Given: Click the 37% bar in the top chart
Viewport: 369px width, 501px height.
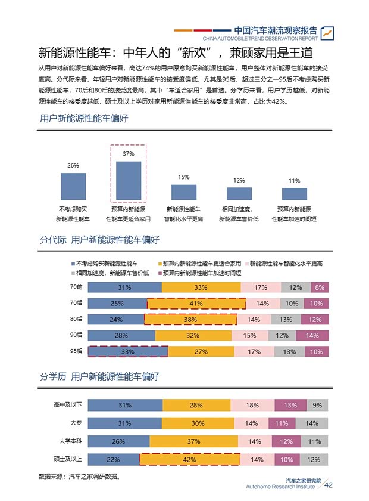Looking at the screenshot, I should [x=129, y=180].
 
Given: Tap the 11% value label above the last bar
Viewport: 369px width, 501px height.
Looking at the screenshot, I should [x=294, y=181].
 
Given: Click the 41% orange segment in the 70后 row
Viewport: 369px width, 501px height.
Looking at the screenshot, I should [x=196, y=304].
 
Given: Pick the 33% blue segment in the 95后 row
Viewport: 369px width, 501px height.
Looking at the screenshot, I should [x=127, y=352].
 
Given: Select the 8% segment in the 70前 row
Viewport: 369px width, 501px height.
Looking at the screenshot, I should [x=320, y=287].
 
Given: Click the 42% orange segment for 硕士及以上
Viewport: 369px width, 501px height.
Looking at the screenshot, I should [x=190, y=460].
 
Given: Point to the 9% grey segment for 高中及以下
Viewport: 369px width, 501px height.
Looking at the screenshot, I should [x=317, y=406].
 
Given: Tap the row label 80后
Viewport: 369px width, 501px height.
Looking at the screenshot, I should [x=76, y=319].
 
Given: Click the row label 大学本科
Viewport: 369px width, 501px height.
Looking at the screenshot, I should [x=71, y=441].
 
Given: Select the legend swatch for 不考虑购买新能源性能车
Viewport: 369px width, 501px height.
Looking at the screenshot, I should [x=73, y=263].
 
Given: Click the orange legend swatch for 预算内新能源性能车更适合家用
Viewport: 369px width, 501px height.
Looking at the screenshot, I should [x=159, y=263].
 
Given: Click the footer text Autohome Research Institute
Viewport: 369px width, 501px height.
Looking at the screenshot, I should [x=280, y=487].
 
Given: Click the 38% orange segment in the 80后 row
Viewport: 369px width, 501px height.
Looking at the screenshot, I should [x=190, y=319].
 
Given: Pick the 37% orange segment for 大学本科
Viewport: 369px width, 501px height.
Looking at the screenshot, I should [x=193, y=442].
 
